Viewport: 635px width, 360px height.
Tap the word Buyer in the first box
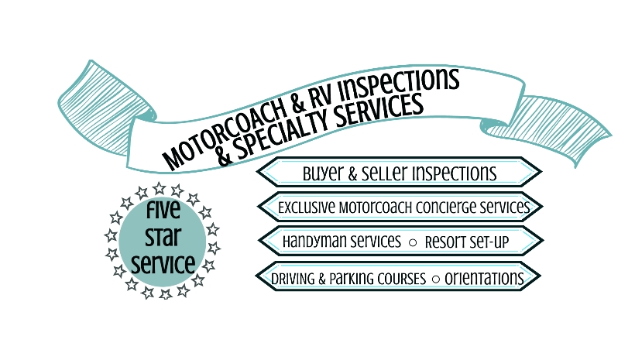pos(322,173)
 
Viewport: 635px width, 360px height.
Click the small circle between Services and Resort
pos(413,242)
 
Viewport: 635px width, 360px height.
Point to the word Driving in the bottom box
pos(294,278)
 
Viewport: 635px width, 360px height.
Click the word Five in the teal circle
pos(163,212)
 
